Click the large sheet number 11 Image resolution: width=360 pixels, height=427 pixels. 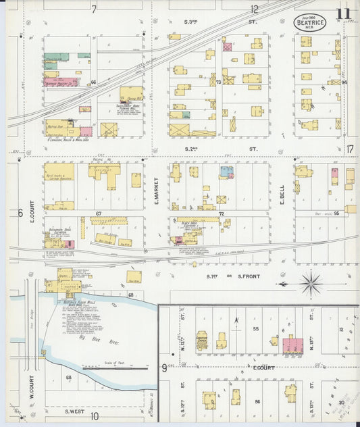point(344,14)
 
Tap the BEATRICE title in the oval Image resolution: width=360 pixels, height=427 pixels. point(310,22)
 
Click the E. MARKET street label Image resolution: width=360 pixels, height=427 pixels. point(156,191)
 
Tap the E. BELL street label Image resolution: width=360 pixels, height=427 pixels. point(282,191)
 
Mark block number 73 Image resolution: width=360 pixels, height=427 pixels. point(220,82)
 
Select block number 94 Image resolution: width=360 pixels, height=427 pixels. point(344,82)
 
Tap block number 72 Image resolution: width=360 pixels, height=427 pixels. point(220,214)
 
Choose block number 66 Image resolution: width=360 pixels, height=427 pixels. point(94,82)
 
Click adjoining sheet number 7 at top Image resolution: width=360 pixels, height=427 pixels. point(94,9)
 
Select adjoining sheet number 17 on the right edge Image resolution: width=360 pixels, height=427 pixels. point(350,149)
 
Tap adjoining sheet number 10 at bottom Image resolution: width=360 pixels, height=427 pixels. point(94,416)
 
